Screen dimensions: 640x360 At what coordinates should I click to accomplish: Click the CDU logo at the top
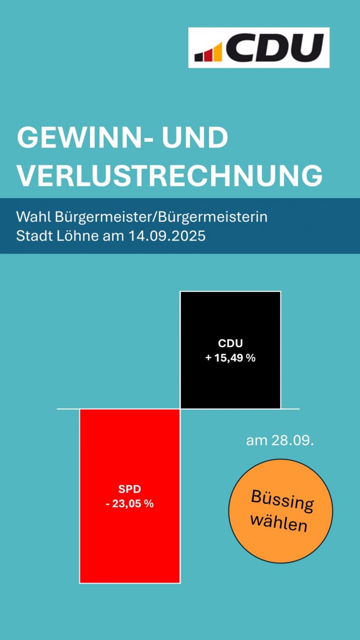(259, 48)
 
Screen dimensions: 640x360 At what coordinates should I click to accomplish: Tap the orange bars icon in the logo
(208, 53)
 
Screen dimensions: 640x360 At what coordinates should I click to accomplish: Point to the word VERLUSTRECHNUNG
(170, 176)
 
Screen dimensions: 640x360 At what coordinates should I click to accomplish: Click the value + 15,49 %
(230, 358)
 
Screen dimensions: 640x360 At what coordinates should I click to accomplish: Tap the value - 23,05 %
(129, 503)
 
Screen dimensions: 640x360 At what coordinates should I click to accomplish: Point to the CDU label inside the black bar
(230, 343)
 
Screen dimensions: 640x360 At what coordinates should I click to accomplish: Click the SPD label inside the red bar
(129, 489)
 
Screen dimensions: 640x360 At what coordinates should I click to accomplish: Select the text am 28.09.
(280, 441)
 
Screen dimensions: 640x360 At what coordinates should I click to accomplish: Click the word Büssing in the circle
(282, 500)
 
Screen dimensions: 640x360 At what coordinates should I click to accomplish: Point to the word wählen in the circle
(278, 522)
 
